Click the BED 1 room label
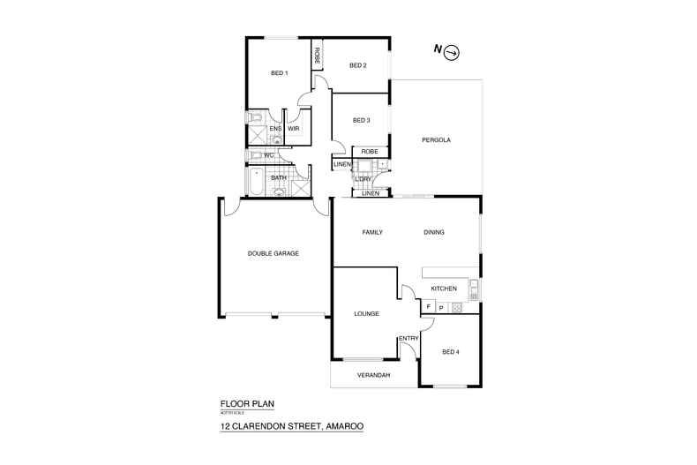(279, 73)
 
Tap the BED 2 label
(357, 65)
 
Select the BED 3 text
(361, 121)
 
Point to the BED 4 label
(451, 352)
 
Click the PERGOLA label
(436, 139)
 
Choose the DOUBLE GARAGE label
(273, 253)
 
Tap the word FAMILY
(372, 232)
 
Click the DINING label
(433, 232)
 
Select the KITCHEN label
(443, 289)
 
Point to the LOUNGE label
(366, 313)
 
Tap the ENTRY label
(408, 338)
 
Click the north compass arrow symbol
(453, 52)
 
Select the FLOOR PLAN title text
(247, 403)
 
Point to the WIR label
(294, 129)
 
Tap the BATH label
(279, 178)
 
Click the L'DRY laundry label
(363, 179)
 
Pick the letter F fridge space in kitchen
(428, 307)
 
